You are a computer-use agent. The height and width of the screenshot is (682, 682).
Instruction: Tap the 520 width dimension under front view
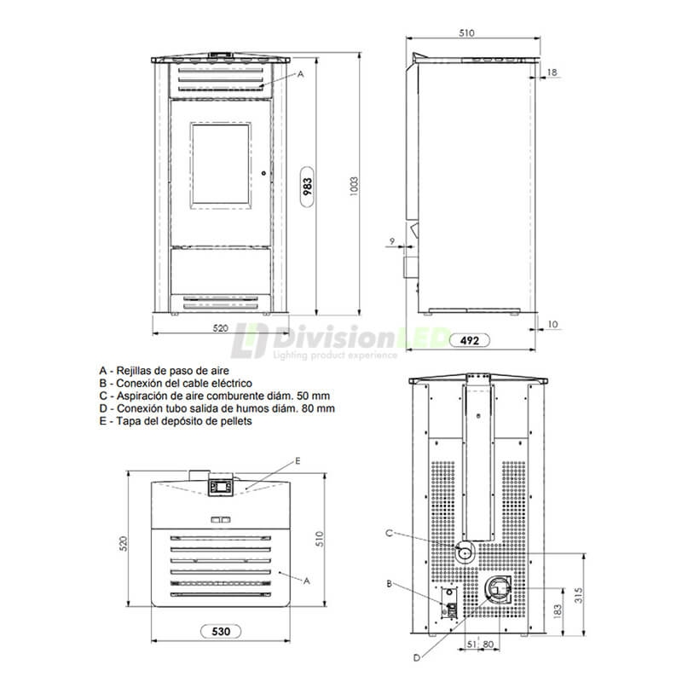(221, 328)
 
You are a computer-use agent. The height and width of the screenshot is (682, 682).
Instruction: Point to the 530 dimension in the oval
(220, 632)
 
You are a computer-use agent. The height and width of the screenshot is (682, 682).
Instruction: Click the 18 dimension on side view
(552, 72)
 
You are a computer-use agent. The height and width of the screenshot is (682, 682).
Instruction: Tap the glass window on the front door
(221, 165)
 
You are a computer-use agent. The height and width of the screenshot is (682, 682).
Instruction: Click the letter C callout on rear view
(389, 533)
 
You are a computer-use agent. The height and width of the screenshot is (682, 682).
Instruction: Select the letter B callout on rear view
(389, 584)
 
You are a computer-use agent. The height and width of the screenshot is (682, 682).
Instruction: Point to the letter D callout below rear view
(416, 657)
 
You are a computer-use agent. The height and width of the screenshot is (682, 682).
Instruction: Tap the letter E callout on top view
(298, 460)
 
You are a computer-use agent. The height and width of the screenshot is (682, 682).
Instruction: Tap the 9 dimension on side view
(391, 242)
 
